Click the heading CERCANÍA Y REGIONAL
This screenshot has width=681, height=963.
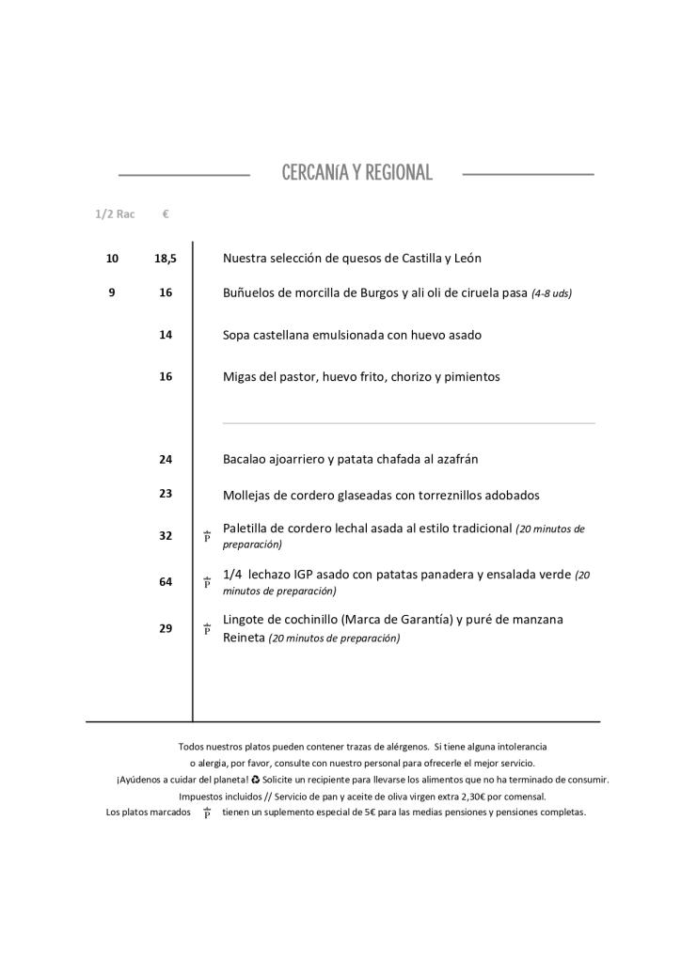[x=356, y=173]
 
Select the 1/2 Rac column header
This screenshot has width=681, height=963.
[x=115, y=214]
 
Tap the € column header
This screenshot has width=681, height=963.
[x=166, y=214]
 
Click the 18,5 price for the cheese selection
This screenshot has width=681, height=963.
[x=166, y=258]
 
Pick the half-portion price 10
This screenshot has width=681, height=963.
[x=112, y=258]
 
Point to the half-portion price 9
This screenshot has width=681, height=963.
[x=112, y=292]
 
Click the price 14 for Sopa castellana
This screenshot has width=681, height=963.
[x=166, y=334]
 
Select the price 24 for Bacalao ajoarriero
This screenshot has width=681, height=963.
[x=166, y=459]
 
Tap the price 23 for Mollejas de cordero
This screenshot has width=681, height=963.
[x=166, y=493]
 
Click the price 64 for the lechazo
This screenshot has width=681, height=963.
[x=166, y=582]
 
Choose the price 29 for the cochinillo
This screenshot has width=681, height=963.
[x=166, y=628]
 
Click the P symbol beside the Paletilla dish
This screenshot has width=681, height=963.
[x=207, y=536]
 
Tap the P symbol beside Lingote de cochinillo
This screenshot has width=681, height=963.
[x=207, y=629]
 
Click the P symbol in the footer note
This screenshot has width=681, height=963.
[x=207, y=813]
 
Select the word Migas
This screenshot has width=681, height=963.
[x=240, y=377]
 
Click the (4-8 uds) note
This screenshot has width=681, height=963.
[x=551, y=293]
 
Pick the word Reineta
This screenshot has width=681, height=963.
[x=244, y=638]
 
